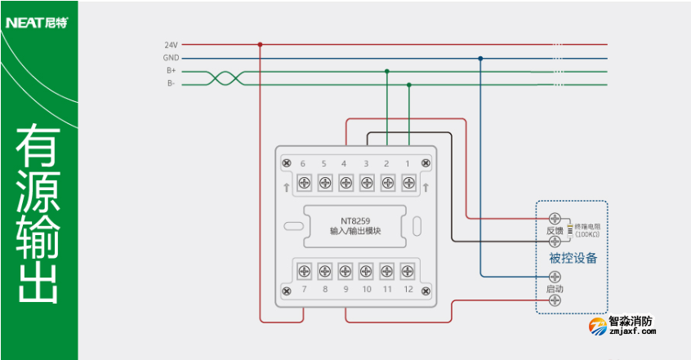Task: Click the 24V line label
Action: (171, 45)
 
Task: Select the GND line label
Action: (170, 58)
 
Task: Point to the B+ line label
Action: (171, 71)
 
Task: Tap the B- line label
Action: (172, 83)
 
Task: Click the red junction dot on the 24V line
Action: (260, 45)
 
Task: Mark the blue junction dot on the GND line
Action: (480, 58)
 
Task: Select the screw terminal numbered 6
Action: (303, 181)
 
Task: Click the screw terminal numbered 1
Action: (408, 181)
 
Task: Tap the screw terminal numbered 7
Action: (303, 270)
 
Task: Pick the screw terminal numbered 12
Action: (408, 270)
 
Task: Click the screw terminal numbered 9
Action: (345, 270)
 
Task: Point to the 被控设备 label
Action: (573, 259)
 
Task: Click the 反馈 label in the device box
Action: (555, 231)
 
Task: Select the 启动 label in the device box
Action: (555, 289)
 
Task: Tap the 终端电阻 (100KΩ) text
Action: (587, 229)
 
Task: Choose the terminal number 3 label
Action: (366, 164)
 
